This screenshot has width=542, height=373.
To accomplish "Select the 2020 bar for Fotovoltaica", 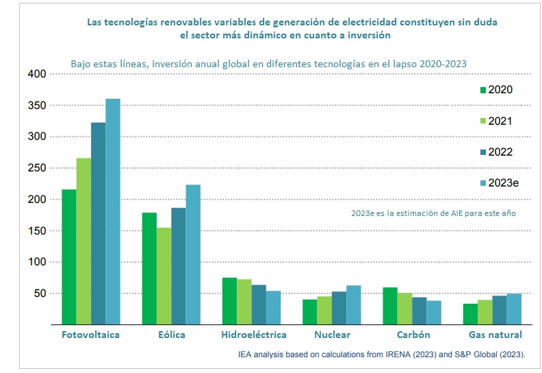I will coord(69,256).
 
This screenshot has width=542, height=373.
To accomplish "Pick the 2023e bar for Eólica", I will coord(193,254).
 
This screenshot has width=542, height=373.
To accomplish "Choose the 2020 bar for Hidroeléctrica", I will coord(229,301).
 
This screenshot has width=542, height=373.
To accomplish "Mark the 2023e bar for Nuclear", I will coord(353,305).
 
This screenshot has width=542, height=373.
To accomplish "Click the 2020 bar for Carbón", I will coord(390,306).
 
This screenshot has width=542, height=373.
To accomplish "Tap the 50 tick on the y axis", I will coord(39,293).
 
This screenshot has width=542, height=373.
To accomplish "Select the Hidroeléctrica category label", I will coord(254,335).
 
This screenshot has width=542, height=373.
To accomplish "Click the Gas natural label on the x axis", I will coord(495,335).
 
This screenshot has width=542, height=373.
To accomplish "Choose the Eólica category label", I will coord(171,335).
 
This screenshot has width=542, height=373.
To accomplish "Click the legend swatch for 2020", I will coord(482,90).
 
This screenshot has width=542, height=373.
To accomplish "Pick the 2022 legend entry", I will coord(500,152).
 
